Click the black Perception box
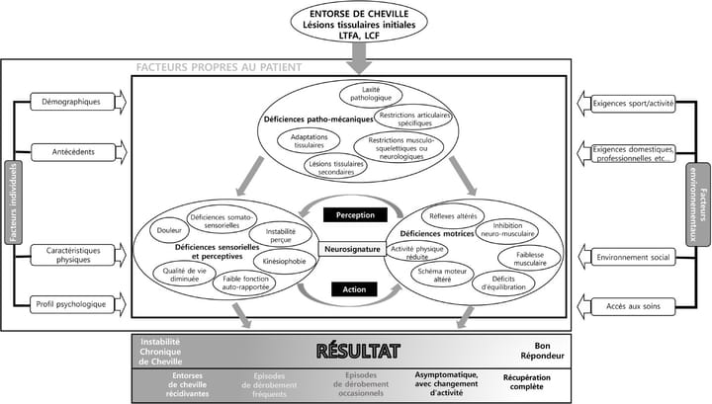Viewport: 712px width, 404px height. (354, 214)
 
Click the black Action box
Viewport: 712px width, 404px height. (354, 289)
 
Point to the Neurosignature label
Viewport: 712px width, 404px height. (354, 250)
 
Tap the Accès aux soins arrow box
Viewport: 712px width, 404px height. (636, 304)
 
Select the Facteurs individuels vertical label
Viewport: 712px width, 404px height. (13, 202)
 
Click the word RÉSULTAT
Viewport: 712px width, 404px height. (357, 350)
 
